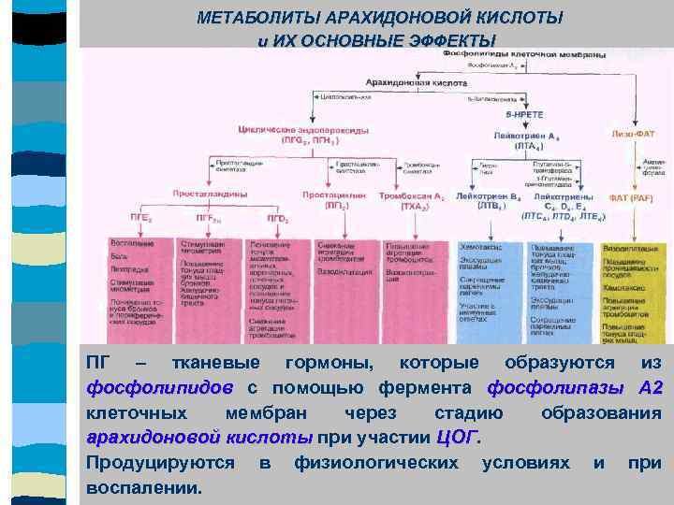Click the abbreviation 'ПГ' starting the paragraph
(96, 363)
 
